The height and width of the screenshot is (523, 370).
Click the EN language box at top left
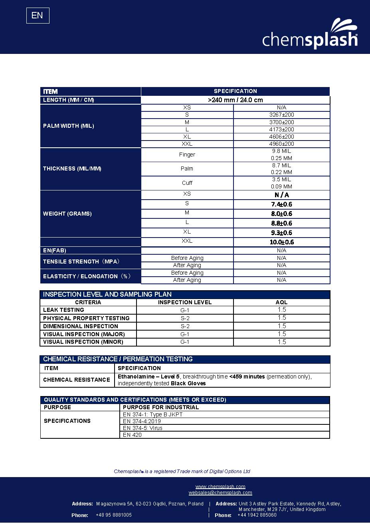(x=38, y=16)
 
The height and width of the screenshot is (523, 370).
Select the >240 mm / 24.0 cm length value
(x=235, y=100)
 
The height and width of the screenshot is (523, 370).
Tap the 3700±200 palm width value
(x=281, y=122)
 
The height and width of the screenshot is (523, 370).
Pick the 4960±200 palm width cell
(x=281, y=144)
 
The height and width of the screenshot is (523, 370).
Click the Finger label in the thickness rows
(x=187, y=155)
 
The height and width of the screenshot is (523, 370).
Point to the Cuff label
(x=187, y=183)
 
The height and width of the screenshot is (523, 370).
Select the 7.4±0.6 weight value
(x=281, y=204)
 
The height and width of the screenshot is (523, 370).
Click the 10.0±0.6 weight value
(x=281, y=242)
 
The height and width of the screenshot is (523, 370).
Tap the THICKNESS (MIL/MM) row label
(x=72, y=169)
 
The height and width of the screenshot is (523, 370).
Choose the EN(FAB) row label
(x=55, y=250)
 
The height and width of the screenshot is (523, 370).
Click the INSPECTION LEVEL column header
(x=185, y=302)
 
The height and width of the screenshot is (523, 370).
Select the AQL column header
(x=281, y=302)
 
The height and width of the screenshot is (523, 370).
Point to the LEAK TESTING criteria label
(x=63, y=310)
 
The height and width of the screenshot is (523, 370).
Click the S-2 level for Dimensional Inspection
(x=185, y=326)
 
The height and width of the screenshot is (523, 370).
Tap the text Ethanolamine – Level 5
(x=149, y=376)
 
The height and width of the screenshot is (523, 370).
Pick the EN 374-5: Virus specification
(x=142, y=428)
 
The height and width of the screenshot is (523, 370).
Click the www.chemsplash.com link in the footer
(x=220, y=486)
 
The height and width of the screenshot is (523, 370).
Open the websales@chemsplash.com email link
(x=220, y=493)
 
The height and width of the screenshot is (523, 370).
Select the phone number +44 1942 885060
(x=257, y=515)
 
